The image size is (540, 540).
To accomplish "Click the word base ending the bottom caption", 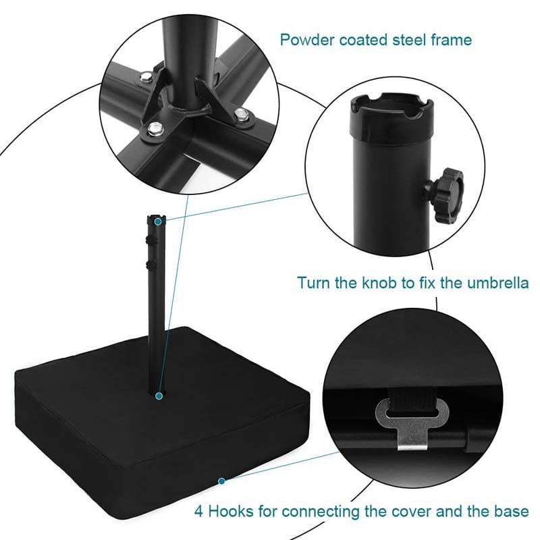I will (512, 512).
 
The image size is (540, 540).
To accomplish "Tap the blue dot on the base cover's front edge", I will (221, 481).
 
